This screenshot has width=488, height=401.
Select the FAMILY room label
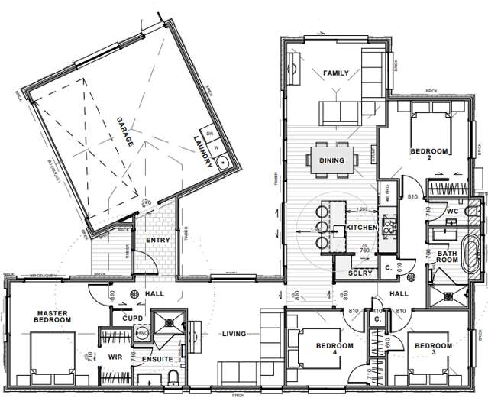coord(335,73)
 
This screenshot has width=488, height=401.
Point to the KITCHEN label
coord(360,228)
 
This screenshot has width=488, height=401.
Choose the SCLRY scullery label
coord(360,273)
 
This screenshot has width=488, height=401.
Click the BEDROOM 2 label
coord(427,156)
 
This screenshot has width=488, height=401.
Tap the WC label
coord(452,212)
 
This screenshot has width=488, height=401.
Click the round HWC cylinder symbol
coord(141,334)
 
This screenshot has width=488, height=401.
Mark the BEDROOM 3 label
coord(434,351)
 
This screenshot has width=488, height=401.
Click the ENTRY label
coord(157,241)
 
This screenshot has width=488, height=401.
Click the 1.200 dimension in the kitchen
coord(362,209)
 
